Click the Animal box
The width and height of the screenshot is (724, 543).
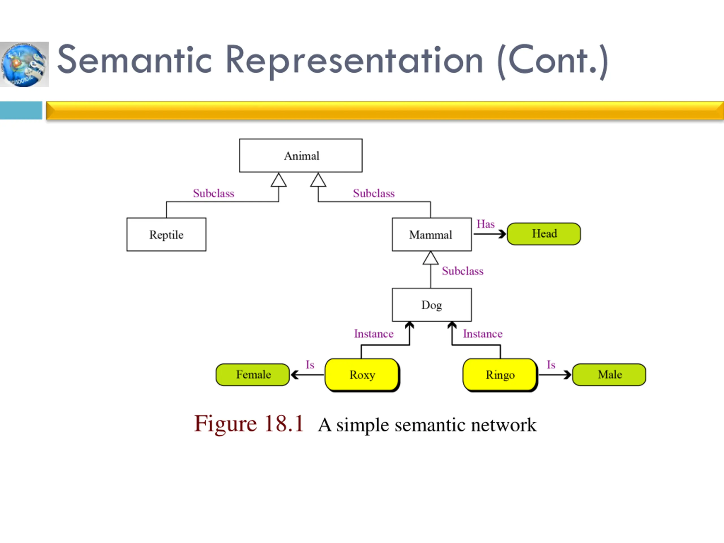[300, 156]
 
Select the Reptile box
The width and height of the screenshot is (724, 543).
[166, 234]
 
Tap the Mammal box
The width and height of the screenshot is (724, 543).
[432, 234]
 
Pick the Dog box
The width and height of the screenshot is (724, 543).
[432, 305]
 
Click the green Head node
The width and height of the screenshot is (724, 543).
[544, 234]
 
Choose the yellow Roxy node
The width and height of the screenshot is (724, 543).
[362, 375]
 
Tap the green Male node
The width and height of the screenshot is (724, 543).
[609, 375]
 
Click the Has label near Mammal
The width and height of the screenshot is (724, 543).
[485, 224]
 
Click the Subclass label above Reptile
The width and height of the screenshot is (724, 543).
[214, 193]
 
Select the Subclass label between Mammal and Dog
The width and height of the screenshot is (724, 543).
[462, 271]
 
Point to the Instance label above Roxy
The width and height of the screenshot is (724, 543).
[374, 333]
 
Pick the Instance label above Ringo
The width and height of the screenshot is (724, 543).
[483, 333]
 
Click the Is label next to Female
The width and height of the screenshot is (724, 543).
[310, 365]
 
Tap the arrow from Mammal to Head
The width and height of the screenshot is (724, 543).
[490, 234]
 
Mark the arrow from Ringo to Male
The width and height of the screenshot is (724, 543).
[555, 375]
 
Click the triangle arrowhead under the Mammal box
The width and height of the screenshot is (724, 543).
[430, 258]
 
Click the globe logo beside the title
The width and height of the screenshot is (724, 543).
[24, 64]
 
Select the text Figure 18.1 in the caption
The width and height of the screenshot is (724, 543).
[249, 424]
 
